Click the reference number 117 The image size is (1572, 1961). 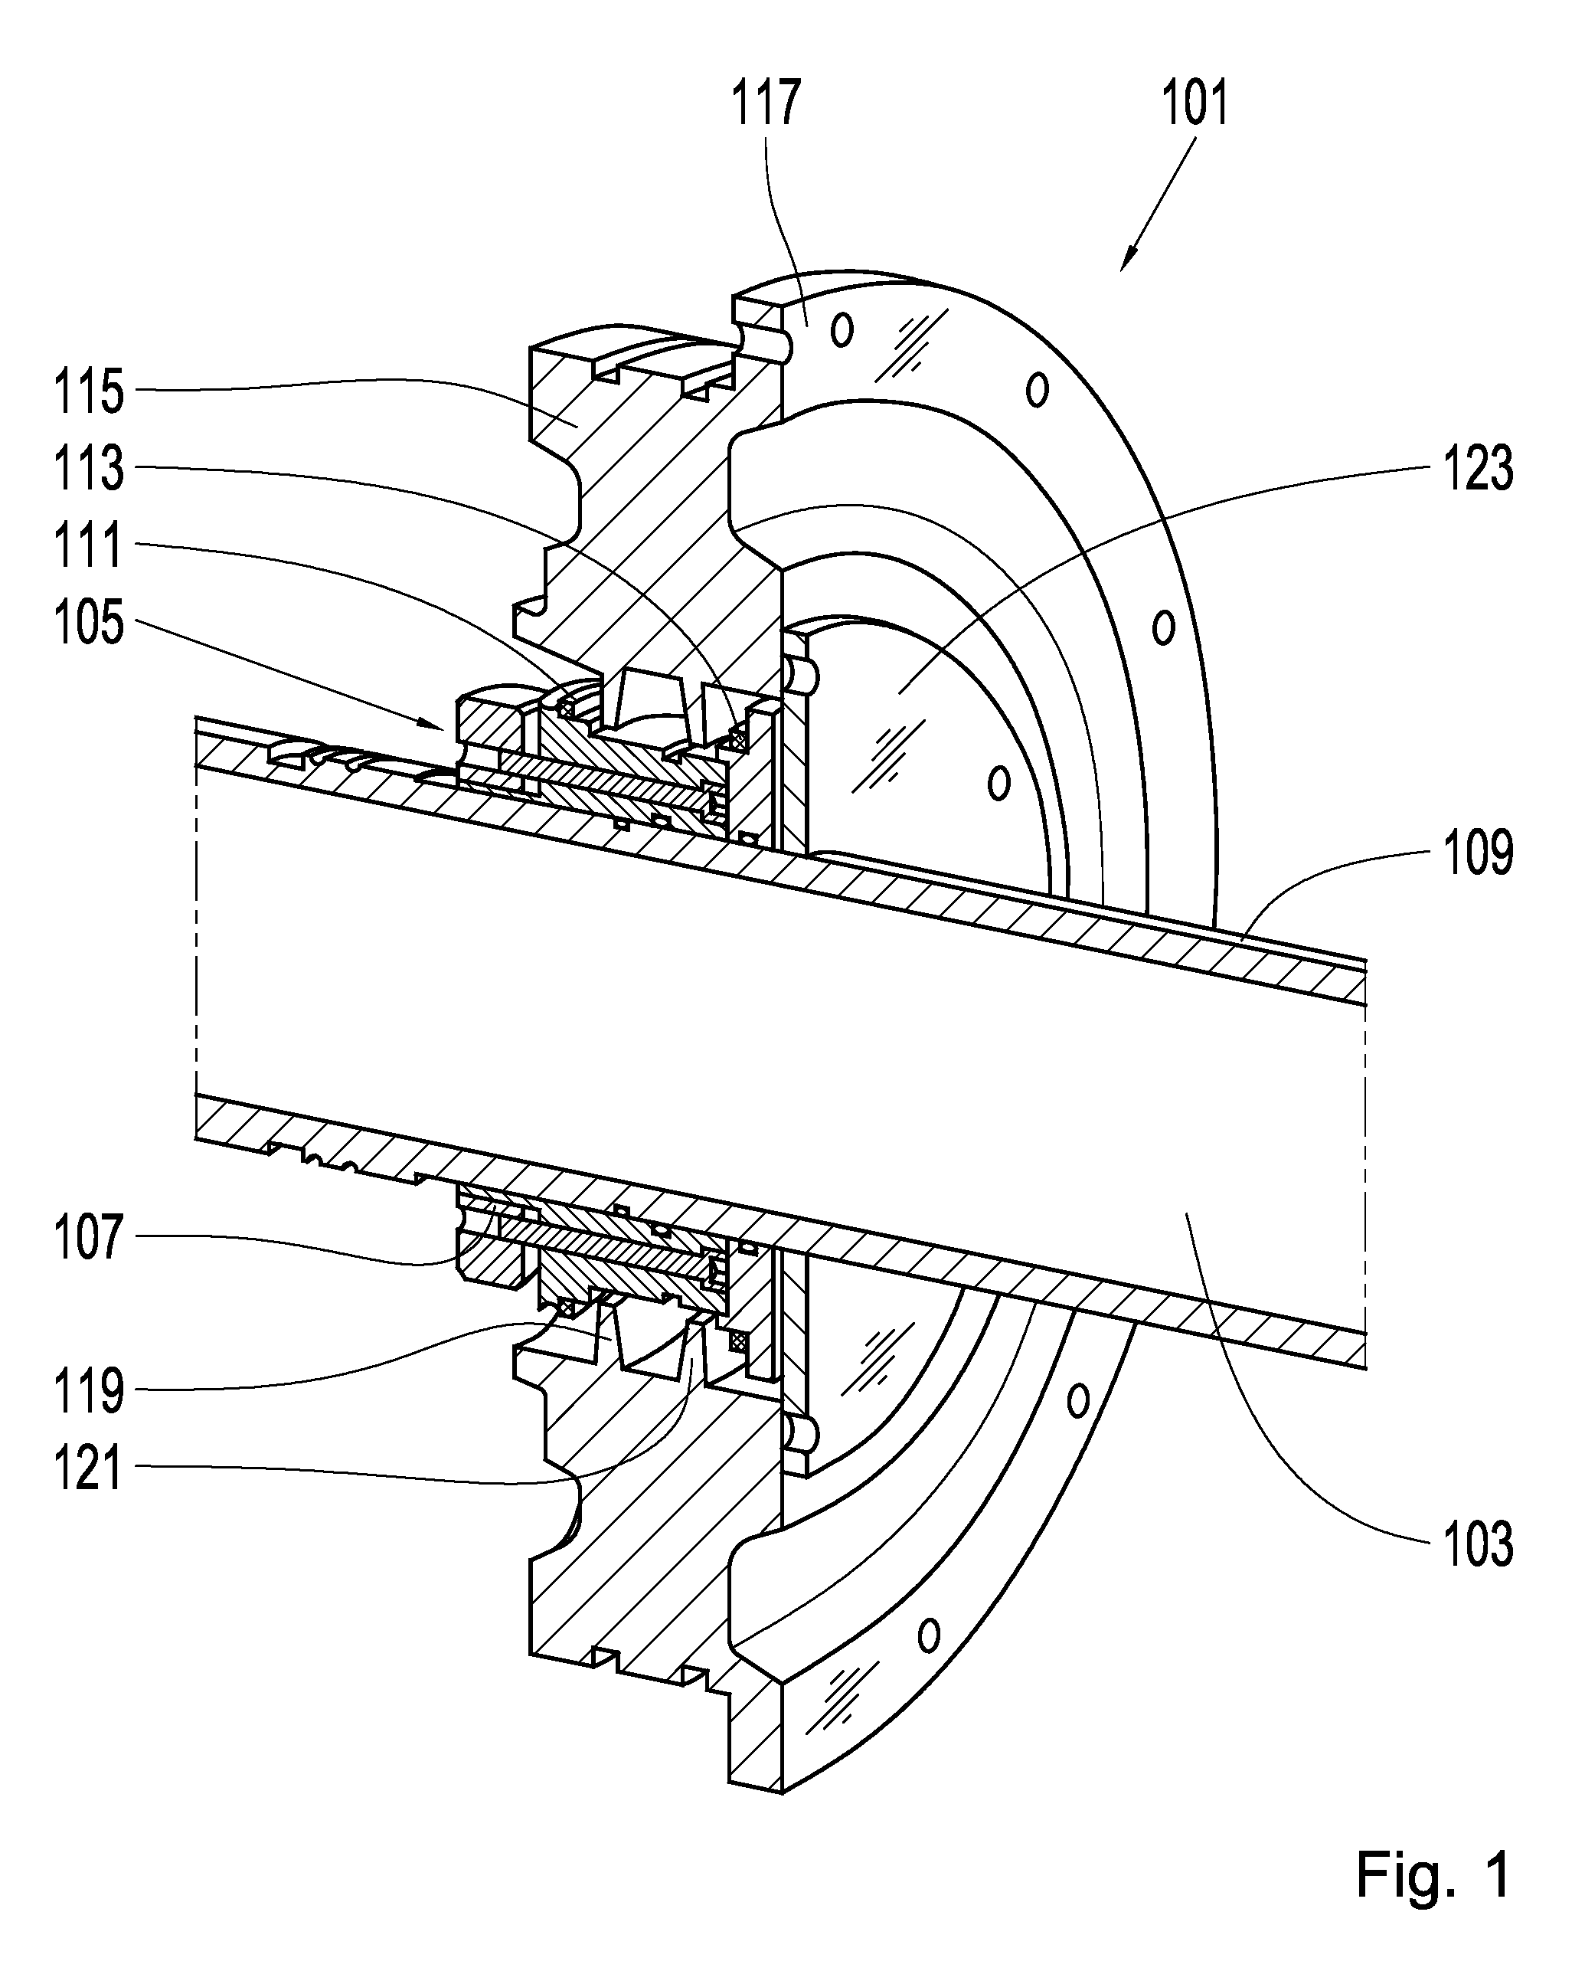[766, 102]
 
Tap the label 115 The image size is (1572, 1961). [88, 393]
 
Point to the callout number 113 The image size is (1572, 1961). [88, 470]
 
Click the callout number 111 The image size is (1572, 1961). [88, 547]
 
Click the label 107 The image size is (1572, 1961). [88, 1237]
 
